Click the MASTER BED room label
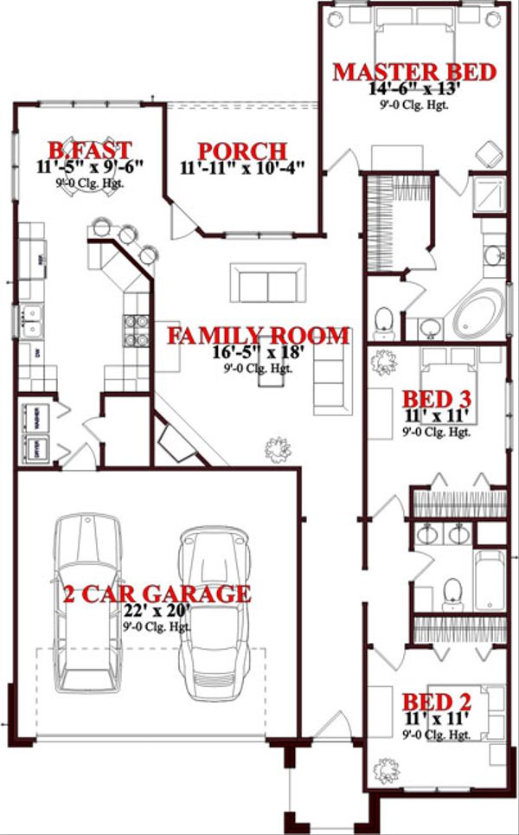coord(414,71)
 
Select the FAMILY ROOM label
coord(258,335)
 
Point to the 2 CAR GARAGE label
coord(157,594)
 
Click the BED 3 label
coord(437,399)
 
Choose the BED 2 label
coord(436,700)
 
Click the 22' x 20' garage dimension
coord(157,612)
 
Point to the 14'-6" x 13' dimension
coord(412,88)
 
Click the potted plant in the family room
coord(277,448)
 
